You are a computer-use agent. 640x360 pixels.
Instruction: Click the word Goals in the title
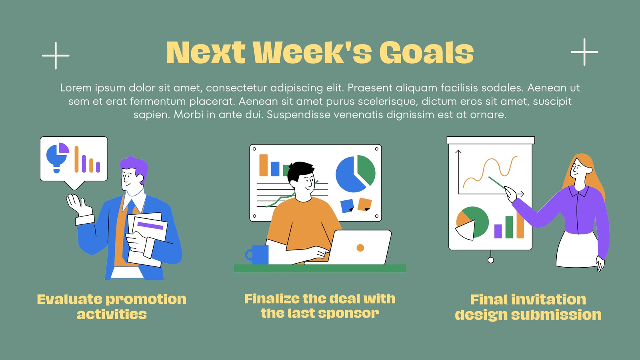(x=426, y=52)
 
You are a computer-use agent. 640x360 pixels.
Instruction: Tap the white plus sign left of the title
(x=56, y=56)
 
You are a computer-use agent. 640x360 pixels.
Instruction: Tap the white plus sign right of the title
(x=584, y=52)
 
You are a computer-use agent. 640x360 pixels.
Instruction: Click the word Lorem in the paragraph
(x=76, y=88)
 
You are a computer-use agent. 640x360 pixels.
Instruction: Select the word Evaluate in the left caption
(x=70, y=300)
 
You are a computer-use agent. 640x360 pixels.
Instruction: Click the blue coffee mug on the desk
(x=257, y=254)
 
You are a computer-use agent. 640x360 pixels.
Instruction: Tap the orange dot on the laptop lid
(x=360, y=248)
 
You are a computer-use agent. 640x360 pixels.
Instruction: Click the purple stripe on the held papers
(x=150, y=226)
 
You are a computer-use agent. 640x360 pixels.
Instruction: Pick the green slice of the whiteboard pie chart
(x=366, y=170)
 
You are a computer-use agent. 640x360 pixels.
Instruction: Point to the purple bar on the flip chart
(x=498, y=232)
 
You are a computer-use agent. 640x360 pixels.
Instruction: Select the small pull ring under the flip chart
(x=491, y=260)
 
